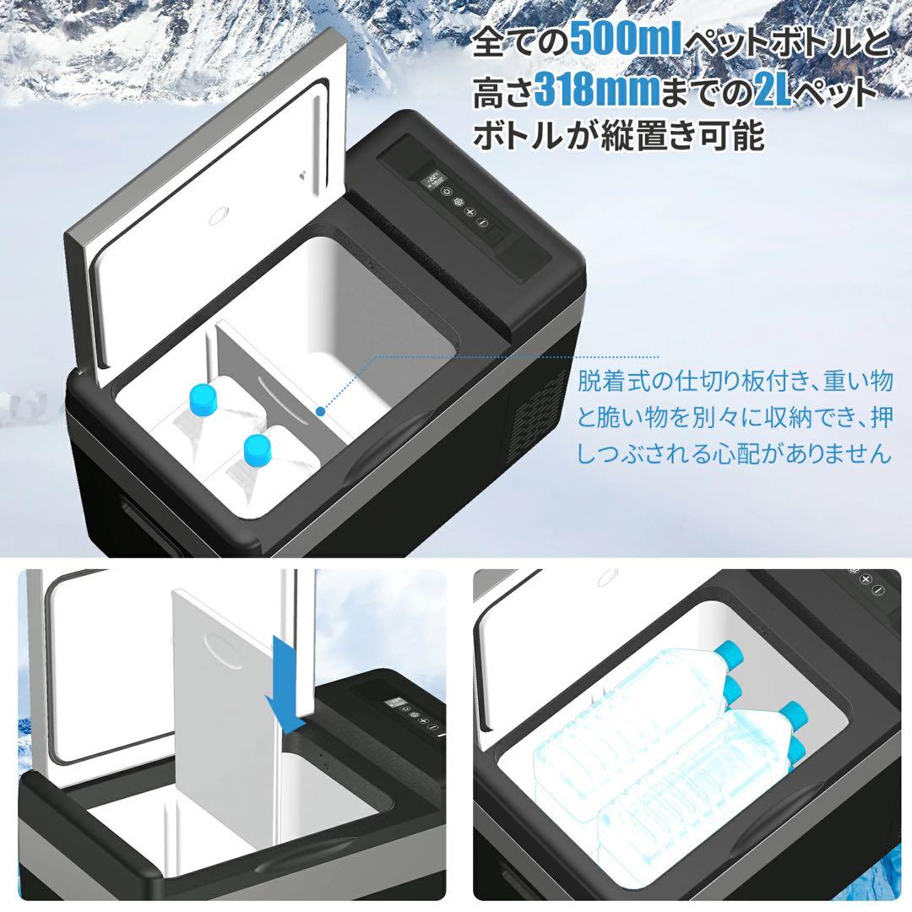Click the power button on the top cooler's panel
click(x=453, y=190)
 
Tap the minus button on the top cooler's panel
click(x=483, y=223)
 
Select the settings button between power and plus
click(x=461, y=201)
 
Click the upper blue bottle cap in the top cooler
click(x=204, y=396)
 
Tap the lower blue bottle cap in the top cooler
click(x=257, y=448)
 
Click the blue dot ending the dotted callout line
click(x=321, y=411)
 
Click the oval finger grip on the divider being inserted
click(x=221, y=651)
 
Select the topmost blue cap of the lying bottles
click(x=726, y=652)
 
